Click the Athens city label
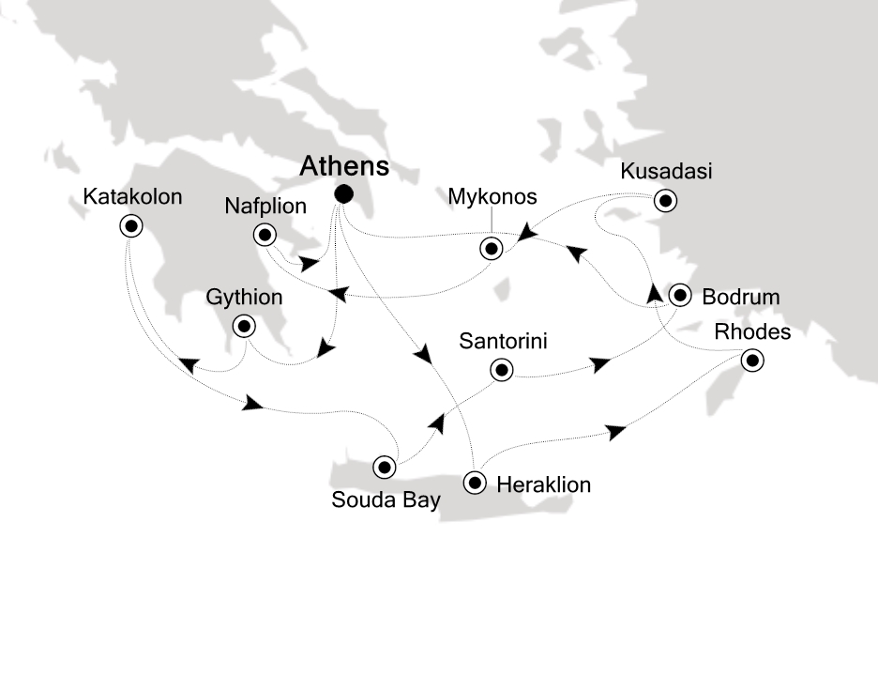(344, 167)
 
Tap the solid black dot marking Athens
(344, 194)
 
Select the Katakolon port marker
(130, 225)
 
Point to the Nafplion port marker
(266, 236)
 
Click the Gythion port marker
(244, 327)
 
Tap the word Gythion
(245, 299)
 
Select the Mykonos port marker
(490, 249)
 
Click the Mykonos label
(492, 196)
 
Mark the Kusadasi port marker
(665, 200)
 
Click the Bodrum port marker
(679, 297)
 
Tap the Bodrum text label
(741, 298)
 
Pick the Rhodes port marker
(750, 361)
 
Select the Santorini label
(502, 341)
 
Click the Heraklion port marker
(476, 484)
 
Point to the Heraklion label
(543, 485)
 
